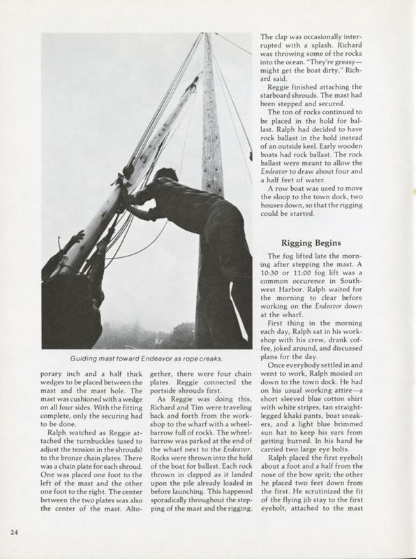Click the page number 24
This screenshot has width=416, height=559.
click(x=14, y=532)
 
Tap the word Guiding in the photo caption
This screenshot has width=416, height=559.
click(x=87, y=358)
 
